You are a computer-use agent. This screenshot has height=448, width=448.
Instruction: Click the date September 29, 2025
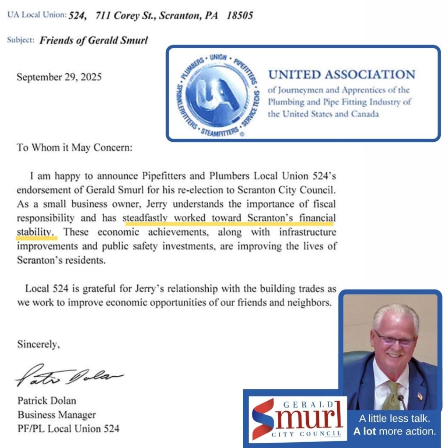pos(59,77)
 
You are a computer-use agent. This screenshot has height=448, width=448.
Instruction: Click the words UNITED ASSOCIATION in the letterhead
pos(341,74)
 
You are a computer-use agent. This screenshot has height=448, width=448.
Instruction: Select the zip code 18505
pos(240,16)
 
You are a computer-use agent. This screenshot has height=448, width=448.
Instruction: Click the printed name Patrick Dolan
pos(46,400)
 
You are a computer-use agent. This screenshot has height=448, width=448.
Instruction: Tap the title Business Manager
pos(56,414)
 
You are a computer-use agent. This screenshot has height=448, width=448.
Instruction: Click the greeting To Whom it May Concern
pos(74,147)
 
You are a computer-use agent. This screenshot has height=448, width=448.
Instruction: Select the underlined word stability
pos(37,232)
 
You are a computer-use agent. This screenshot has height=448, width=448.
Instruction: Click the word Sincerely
pos(38,344)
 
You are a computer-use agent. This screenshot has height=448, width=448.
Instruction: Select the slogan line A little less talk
pos(395,418)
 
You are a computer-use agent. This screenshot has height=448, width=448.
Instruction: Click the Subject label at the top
pos(21,40)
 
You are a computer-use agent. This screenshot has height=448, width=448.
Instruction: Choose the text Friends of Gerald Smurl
pos(94,41)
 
